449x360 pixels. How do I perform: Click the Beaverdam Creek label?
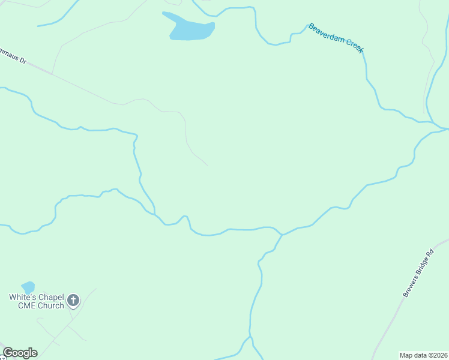336,38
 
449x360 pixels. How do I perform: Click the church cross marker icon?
73,300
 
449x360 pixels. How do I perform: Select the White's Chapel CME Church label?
36,301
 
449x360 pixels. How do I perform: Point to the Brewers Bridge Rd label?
418,274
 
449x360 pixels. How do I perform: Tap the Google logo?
20,353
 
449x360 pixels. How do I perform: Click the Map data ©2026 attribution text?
423,355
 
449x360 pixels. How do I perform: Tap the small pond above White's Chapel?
28,287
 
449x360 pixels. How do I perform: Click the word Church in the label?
50,306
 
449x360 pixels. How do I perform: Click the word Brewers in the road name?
409,287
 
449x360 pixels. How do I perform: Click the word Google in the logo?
20,353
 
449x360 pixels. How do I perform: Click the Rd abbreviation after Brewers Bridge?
429,254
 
